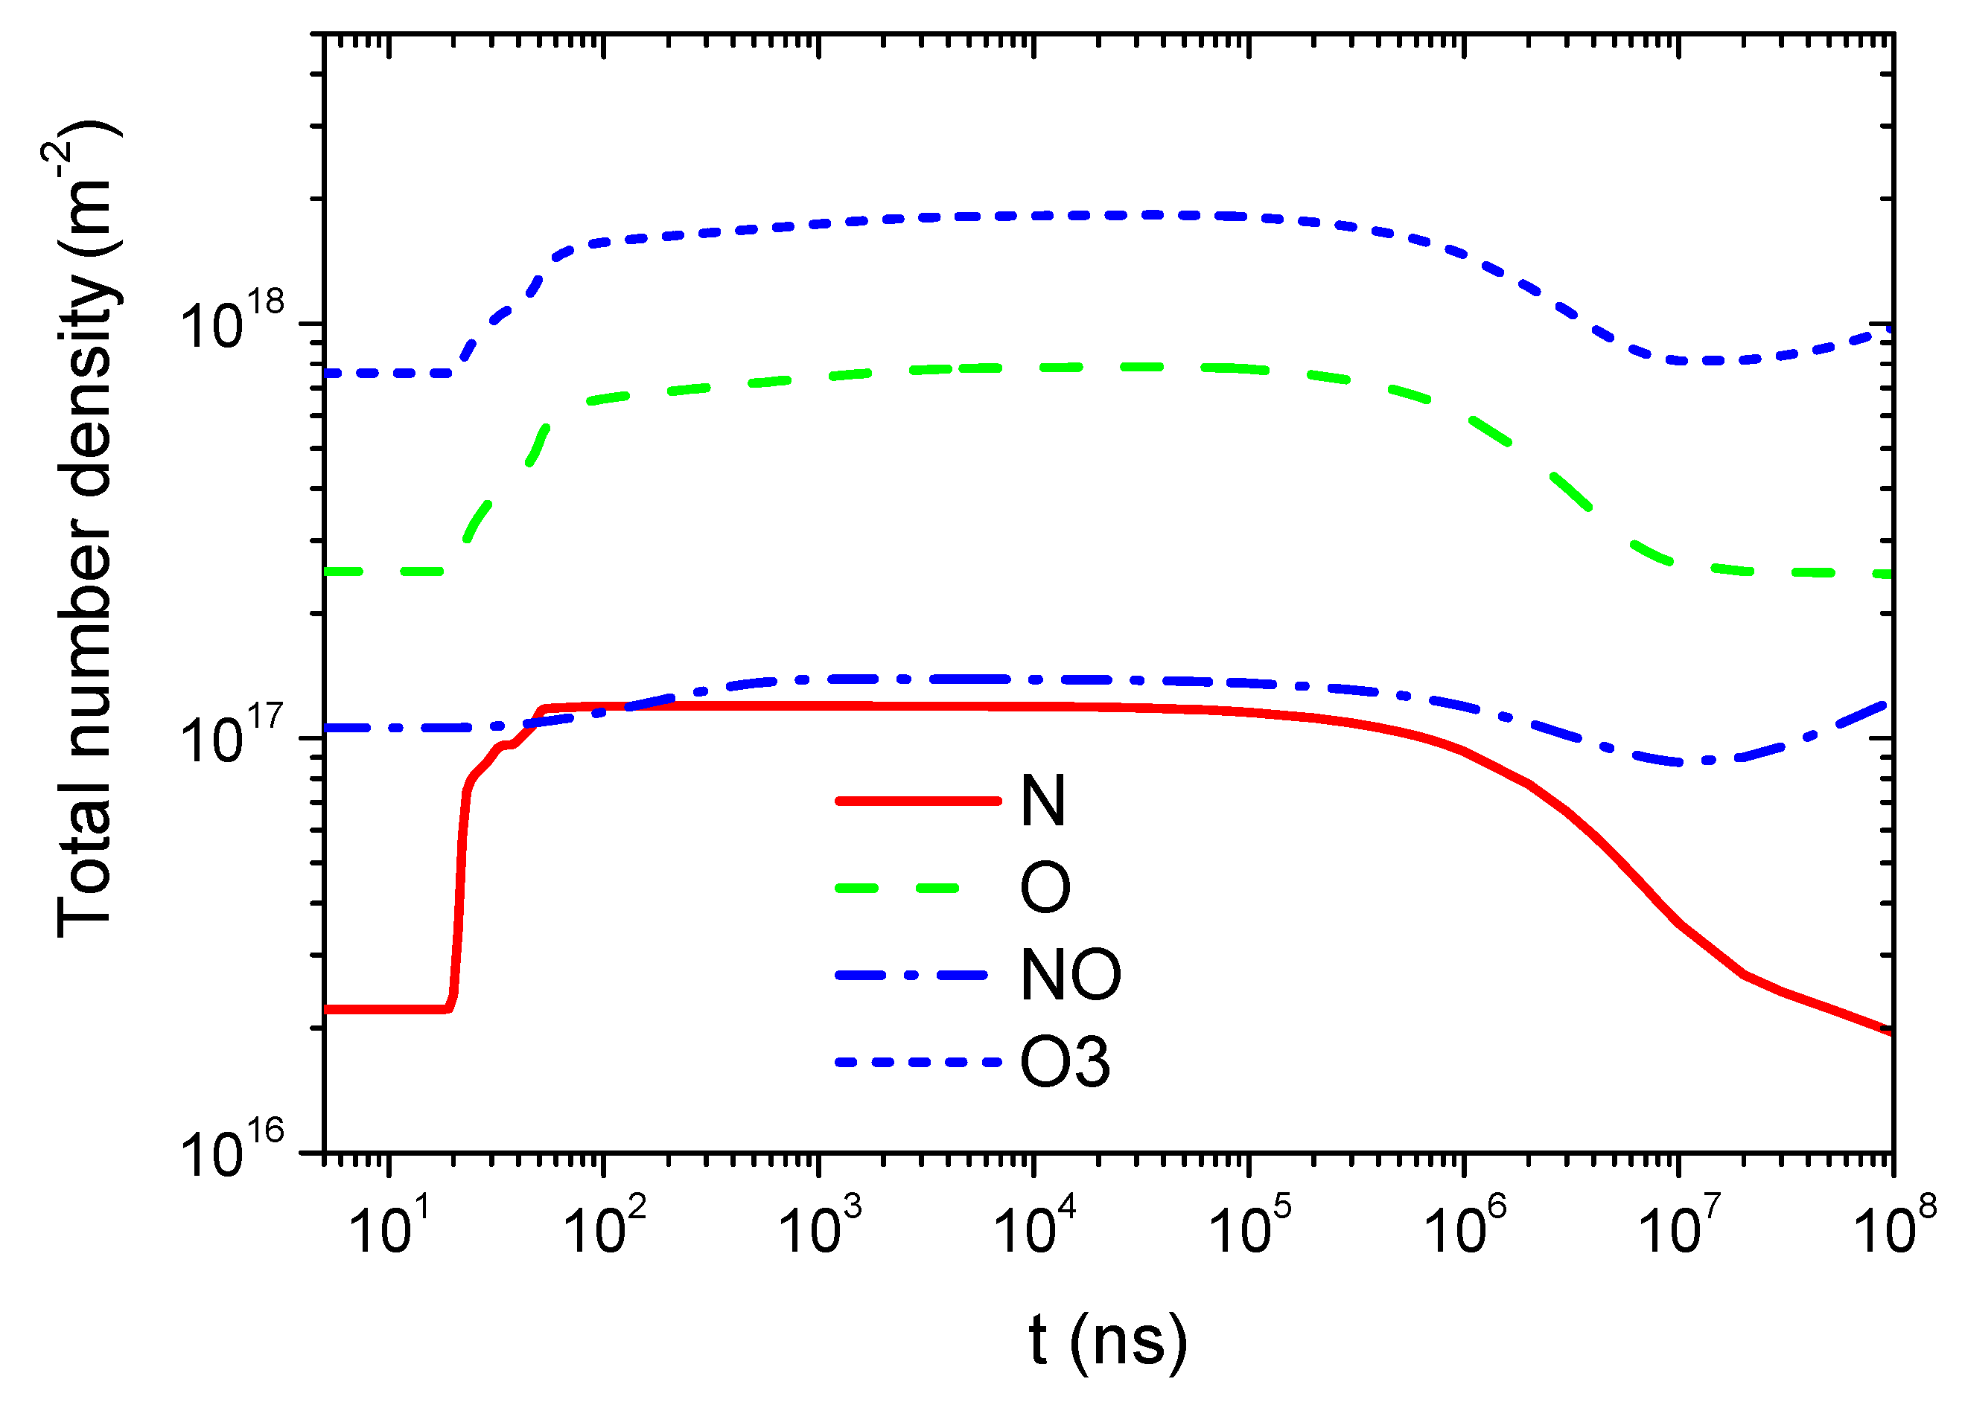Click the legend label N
click(x=1042, y=801)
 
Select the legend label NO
click(x=1070, y=976)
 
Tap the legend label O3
click(x=1065, y=1063)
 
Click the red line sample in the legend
click(x=918, y=801)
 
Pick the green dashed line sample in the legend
click(x=898, y=888)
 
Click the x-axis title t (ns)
click(x=1108, y=1340)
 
